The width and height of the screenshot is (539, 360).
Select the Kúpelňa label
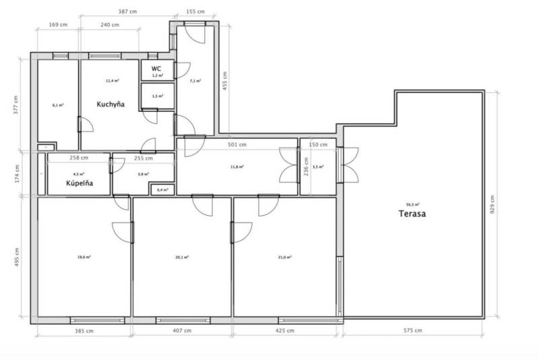tap(79, 183)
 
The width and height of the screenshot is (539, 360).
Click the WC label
tap(156, 68)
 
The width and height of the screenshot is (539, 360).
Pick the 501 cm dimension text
tap(237, 144)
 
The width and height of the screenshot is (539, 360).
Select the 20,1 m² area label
tap(182, 257)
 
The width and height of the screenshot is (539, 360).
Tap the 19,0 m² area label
tap(84, 257)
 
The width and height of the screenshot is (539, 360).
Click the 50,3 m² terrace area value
tap(412, 204)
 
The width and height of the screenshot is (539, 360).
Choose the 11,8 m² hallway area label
tap(237, 166)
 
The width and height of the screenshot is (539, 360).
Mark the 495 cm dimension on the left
tap(18, 258)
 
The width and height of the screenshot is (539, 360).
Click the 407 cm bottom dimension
tap(182, 330)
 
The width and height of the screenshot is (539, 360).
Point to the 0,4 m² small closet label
tap(161, 190)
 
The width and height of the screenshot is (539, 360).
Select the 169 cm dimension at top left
tap(58, 25)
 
